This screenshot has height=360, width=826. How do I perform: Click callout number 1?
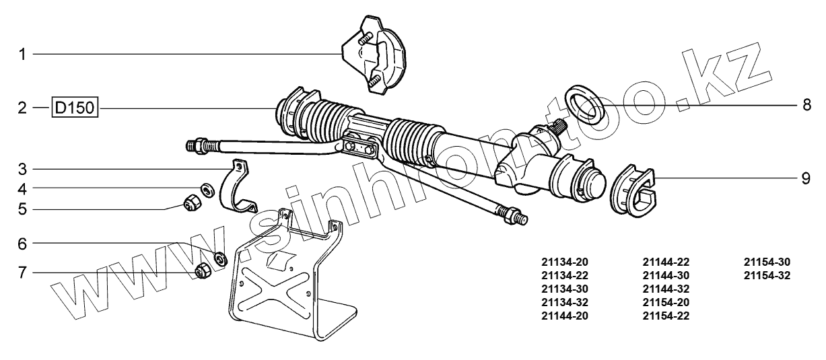click(x=22, y=54)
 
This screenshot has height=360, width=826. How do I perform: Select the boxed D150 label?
click(x=75, y=108)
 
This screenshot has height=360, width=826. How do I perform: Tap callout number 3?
click(x=22, y=168)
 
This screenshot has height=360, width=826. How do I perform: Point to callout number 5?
click(x=22, y=209)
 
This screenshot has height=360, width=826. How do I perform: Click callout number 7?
click(x=22, y=273)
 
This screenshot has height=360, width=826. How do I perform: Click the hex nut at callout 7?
click(x=201, y=271)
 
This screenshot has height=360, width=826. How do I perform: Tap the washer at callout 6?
click(x=219, y=258)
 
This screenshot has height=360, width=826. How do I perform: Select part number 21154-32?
click(x=767, y=275)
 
